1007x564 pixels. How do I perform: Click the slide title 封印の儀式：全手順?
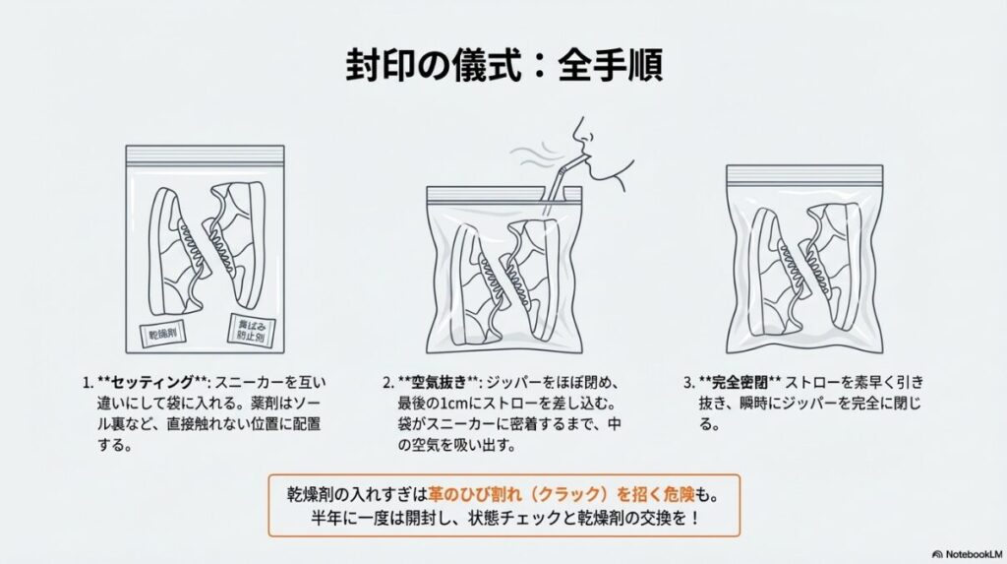(503, 66)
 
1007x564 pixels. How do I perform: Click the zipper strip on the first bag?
(205, 155)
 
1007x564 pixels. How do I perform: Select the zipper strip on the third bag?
(804, 174)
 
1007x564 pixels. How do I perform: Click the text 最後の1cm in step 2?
(432, 403)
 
